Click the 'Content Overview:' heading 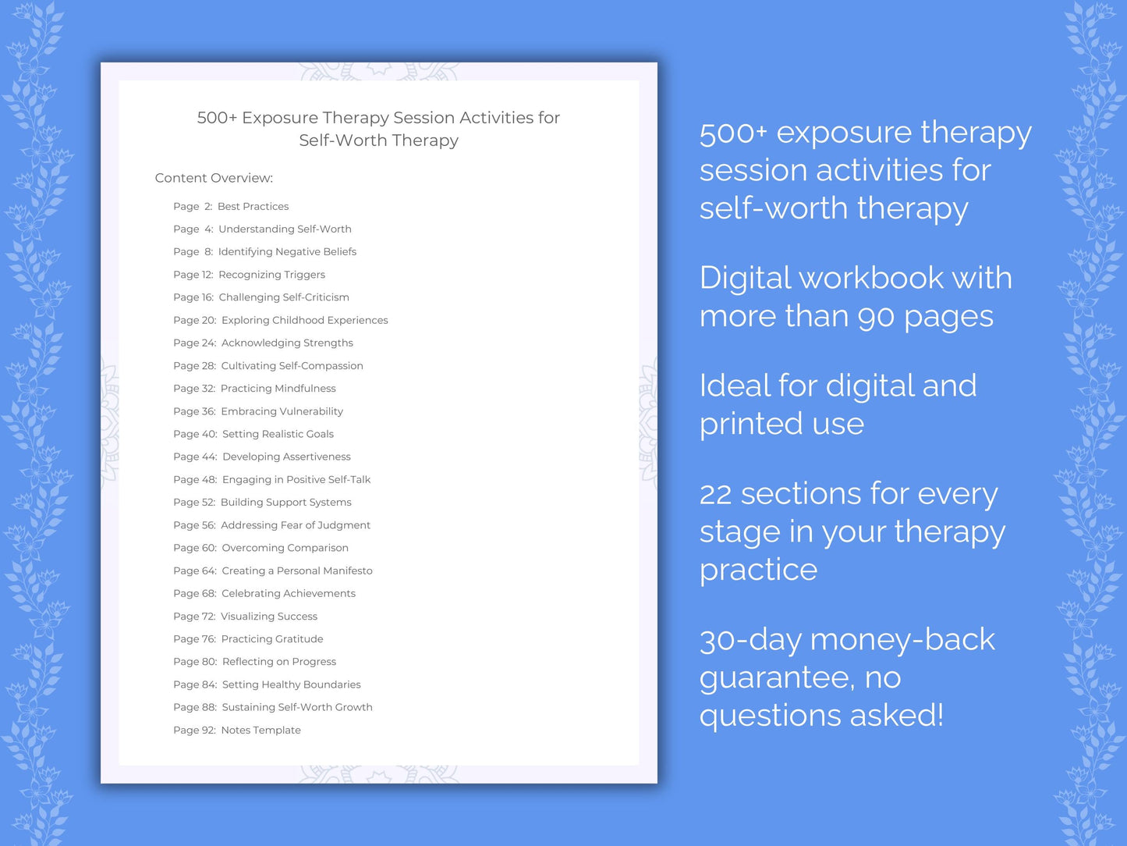point(214,178)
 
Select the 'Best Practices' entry point(253,207)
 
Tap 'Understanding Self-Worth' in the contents point(285,229)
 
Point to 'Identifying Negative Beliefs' point(287,252)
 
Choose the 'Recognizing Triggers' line point(271,275)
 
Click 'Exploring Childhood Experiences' point(304,320)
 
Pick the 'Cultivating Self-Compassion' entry point(292,366)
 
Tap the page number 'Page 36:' point(194,411)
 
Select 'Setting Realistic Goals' point(278,434)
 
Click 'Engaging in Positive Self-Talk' point(296,480)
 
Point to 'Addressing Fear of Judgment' point(296,525)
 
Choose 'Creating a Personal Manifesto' point(297,571)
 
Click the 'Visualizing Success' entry point(269,617)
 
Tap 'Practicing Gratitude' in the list point(272,639)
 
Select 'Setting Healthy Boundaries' point(291,684)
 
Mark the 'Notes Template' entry point(260,730)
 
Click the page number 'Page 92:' point(194,730)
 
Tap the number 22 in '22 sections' point(715,495)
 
